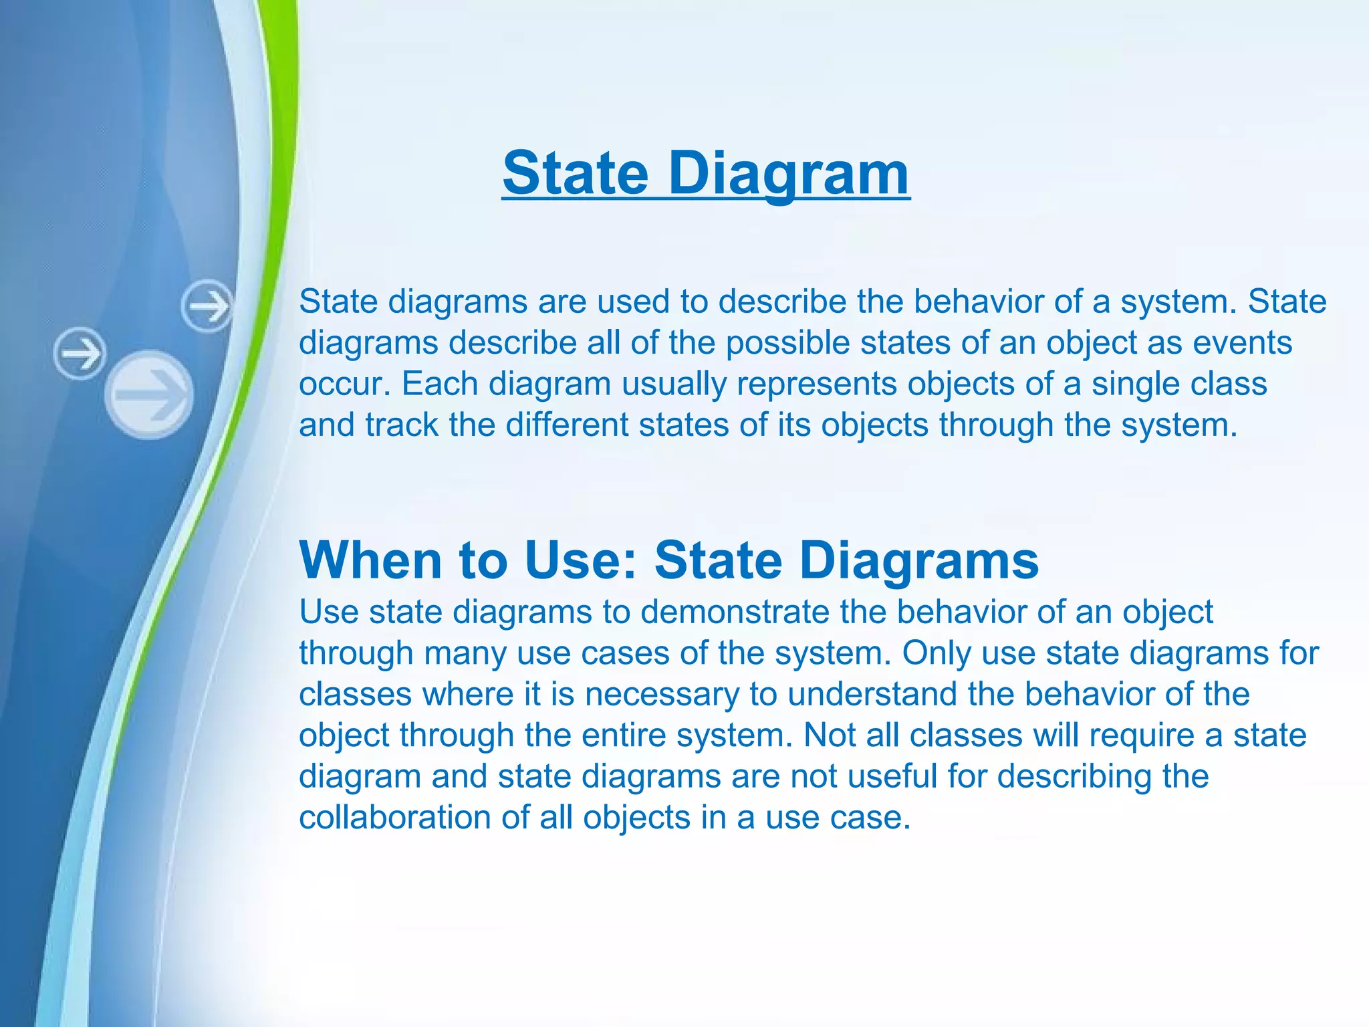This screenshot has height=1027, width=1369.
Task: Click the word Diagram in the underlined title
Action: coord(788,174)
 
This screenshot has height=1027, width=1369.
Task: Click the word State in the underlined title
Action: coord(576,174)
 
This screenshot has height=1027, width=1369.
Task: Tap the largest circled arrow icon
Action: coord(149,394)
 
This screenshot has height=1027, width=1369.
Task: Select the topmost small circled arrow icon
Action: coord(207,307)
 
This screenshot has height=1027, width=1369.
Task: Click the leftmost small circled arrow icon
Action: coord(80,353)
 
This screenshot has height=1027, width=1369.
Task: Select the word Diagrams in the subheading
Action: coord(918,560)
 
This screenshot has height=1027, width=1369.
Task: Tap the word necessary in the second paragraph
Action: coord(662,694)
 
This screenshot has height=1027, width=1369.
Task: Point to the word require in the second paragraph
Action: coord(1141,735)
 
